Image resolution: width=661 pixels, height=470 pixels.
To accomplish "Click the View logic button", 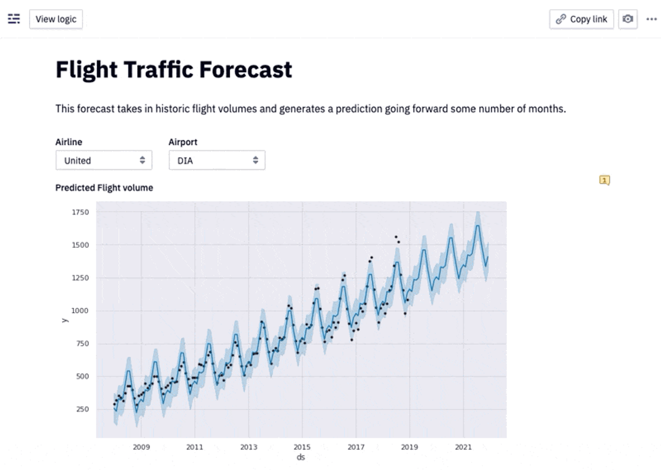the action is coord(56,19).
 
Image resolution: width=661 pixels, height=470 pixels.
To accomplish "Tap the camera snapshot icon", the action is coord(627,19).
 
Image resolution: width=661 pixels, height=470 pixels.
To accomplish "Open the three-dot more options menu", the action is coord(651,19).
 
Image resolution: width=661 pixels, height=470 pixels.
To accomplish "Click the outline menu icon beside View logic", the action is coord(14,19).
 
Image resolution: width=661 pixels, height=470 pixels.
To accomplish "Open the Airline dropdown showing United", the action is coord(104,160).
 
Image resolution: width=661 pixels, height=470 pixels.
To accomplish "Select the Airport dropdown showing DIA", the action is coord(217,160).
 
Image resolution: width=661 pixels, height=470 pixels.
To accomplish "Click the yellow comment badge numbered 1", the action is coord(605,180).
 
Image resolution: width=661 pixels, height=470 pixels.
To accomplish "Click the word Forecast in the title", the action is coord(246,70).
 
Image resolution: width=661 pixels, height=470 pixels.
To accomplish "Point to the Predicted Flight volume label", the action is coord(104,188).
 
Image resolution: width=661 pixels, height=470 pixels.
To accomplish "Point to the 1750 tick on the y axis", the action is coord(80,212).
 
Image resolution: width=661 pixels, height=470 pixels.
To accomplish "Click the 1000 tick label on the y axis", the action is coord(80,311).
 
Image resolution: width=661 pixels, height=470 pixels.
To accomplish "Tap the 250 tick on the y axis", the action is coord(83,409).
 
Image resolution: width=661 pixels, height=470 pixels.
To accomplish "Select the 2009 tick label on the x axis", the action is coord(141,447).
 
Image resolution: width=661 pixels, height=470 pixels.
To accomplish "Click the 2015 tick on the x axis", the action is coord(302,447).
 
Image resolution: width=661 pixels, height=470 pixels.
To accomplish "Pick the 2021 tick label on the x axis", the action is coord(463,447).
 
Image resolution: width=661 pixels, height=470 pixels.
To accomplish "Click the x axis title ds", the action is coord(301,457).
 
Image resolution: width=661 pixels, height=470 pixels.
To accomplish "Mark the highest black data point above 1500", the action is coord(396,237).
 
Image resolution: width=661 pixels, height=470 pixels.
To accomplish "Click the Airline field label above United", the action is coord(69,142).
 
